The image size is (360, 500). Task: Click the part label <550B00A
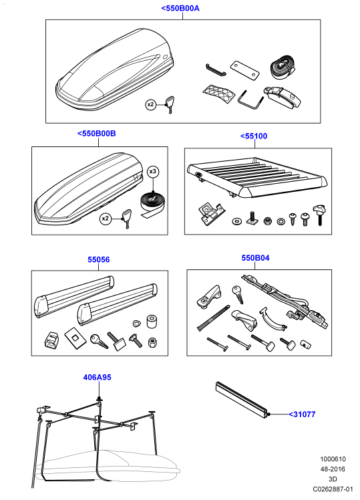pyautogui.click(x=180, y=8)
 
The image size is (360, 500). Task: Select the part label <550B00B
pyautogui.click(x=97, y=133)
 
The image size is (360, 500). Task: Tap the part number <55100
pyautogui.click(x=254, y=136)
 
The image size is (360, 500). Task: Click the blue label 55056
pyautogui.click(x=98, y=259)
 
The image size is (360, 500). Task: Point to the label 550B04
pyautogui.click(x=255, y=257)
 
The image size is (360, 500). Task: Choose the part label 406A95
pyautogui.click(x=97, y=377)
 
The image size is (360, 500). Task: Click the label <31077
pyautogui.click(x=302, y=414)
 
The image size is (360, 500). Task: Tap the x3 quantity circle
pyautogui.click(x=153, y=172)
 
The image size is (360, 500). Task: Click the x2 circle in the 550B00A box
pyautogui.click(x=151, y=104)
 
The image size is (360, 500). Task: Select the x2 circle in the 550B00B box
pyautogui.click(x=105, y=219)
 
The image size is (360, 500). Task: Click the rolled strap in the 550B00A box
pyautogui.click(x=281, y=69)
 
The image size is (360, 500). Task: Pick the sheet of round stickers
pyautogui.click(x=219, y=93)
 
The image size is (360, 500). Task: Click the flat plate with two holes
pyautogui.click(x=244, y=70)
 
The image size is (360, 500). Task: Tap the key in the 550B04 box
pyautogui.click(x=238, y=293)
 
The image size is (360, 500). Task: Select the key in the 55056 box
pyautogui.click(x=98, y=341)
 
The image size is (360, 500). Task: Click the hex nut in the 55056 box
pyautogui.click(x=152, y=342)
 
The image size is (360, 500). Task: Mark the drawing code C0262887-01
pyautogui.click(x=333, y=489)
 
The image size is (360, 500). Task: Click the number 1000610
pyautogui.click(x=333, y=459)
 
